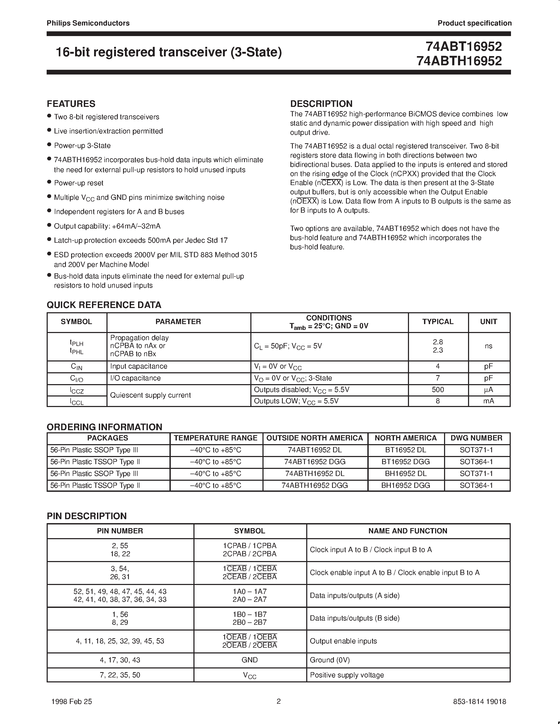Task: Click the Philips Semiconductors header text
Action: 88,23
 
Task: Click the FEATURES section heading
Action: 71,104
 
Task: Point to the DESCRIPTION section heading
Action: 321,104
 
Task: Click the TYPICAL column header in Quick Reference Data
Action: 437,321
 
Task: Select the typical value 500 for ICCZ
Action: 437,390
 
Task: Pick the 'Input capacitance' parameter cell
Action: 139,366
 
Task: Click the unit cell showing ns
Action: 488,346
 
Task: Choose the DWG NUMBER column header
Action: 476,438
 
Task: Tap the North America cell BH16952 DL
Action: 405,474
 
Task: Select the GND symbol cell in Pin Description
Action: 250,660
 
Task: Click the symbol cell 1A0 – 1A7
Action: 250,591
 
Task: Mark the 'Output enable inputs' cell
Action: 343,641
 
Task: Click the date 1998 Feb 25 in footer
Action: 72,701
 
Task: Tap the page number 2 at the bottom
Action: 279,701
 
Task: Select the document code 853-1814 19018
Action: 479,701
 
